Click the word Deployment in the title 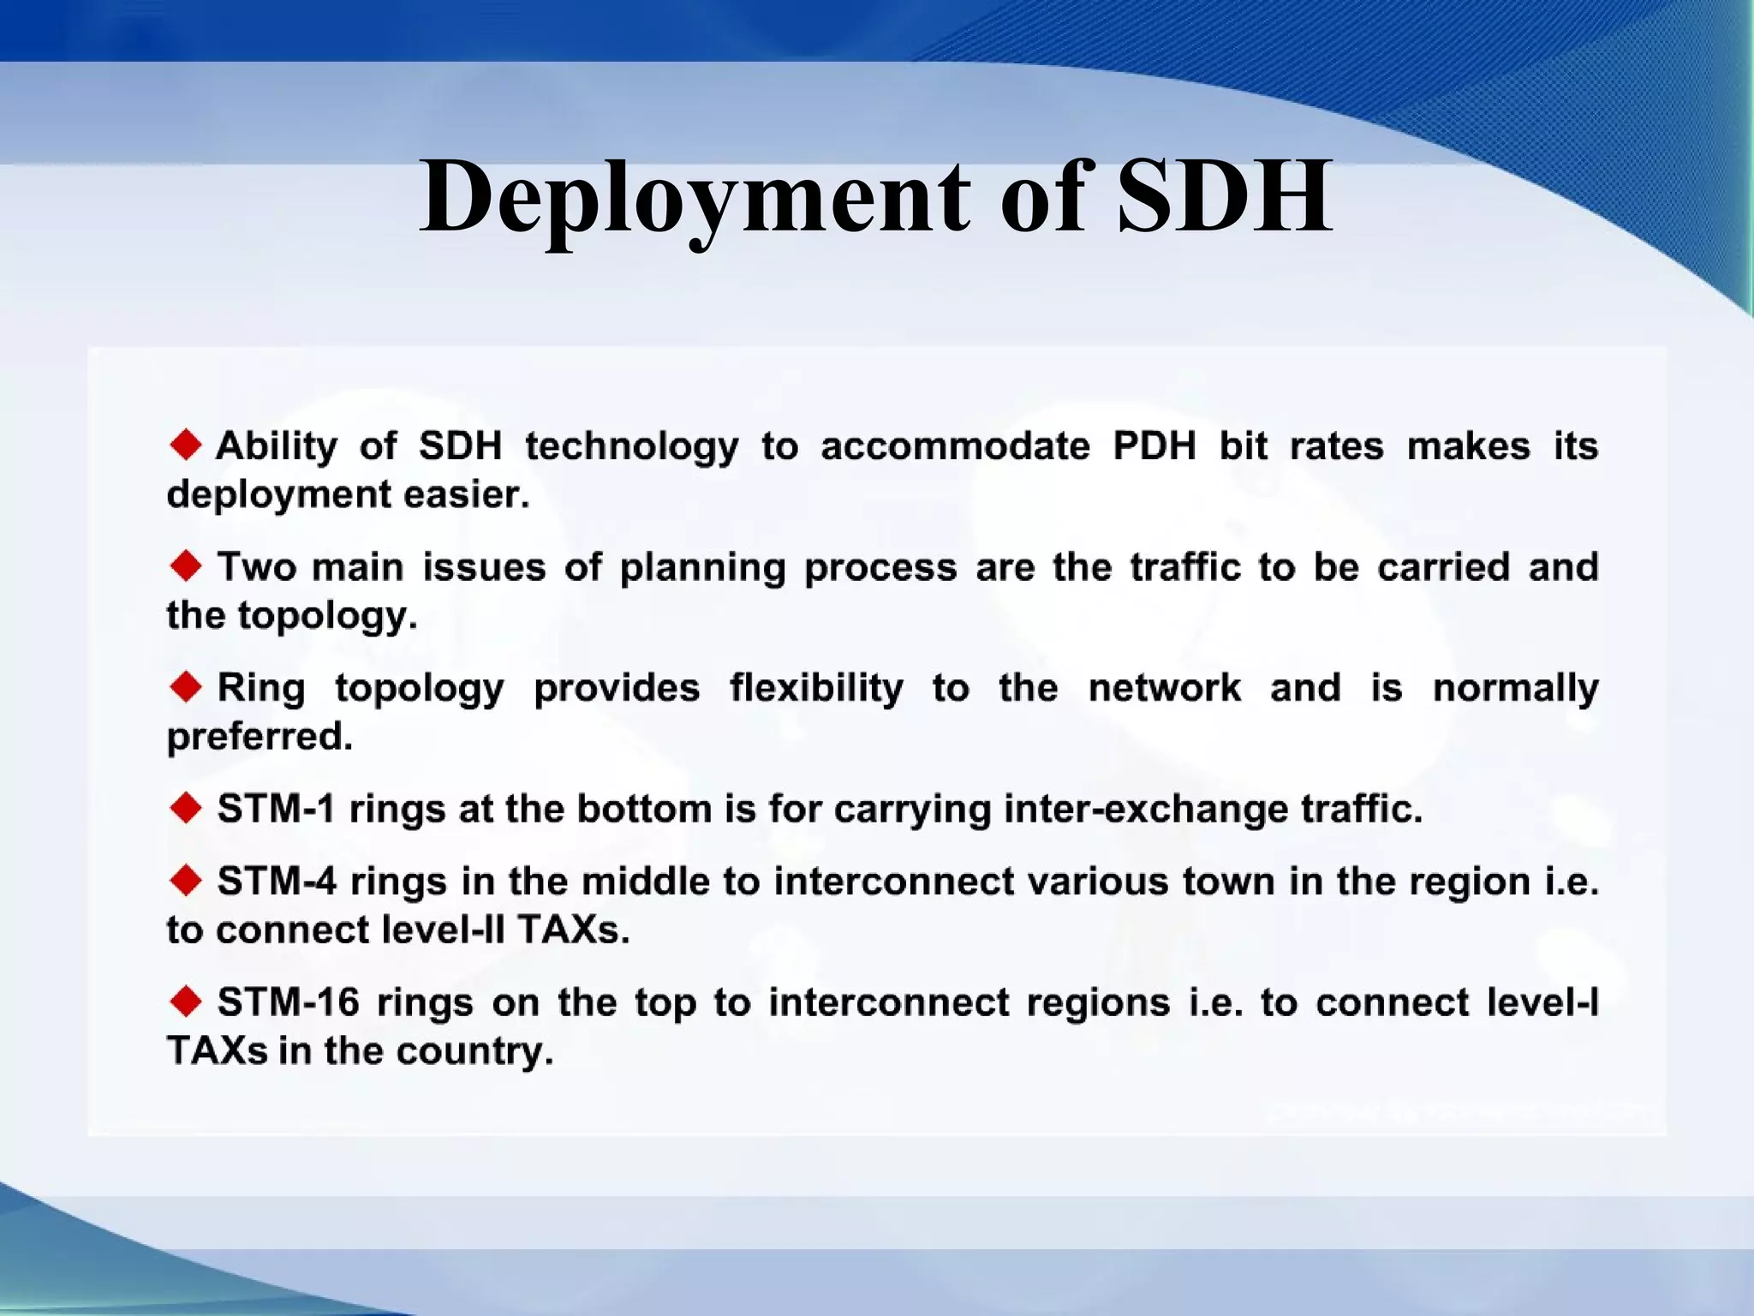[695, 199]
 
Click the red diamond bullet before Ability [186, 445]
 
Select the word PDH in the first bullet [1154, 446]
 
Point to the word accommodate [955, 446]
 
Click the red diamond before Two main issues [186, 565]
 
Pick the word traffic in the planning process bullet [1184, 567]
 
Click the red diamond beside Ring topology [186, 686]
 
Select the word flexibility [815, 688]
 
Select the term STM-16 [288, 1002]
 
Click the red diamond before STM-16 [186, 1001]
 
